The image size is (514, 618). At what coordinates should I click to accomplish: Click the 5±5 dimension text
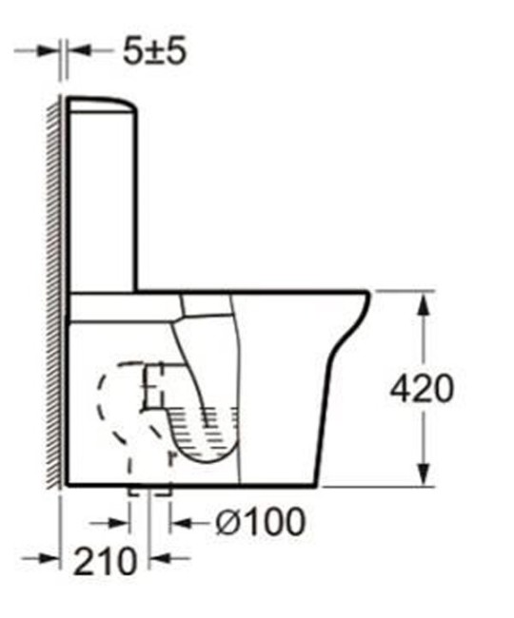[154, 51]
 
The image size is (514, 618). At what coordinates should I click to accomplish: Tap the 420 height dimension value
[422, 388]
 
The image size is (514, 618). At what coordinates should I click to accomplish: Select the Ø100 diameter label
[261, 522]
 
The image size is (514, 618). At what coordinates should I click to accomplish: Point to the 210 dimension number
[105, 561]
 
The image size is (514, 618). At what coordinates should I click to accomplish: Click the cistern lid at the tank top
[102, 104]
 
